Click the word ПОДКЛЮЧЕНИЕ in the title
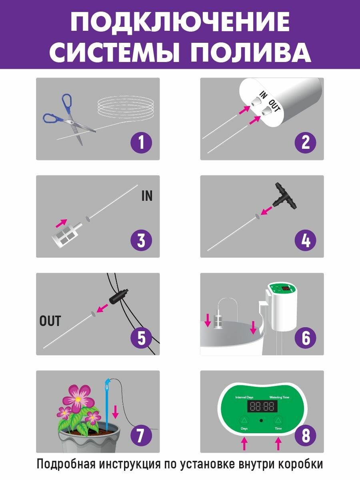[x=180, y=22]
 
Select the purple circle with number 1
[x=141, y=142]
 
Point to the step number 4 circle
[x=305, y=240]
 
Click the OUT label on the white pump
[x=274, y=106]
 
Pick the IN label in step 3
[x=147, y=196]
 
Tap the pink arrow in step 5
[x=102, y=308]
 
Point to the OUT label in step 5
[x=50, y=321]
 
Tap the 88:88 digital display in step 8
[x=262, y=406]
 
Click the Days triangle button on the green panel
[x=244, y=420]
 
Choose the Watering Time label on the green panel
[x=279, y=397]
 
